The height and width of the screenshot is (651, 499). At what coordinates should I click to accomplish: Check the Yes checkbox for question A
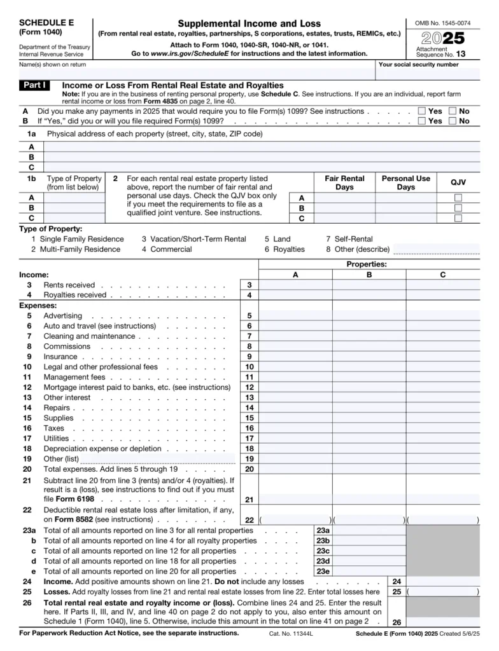[421, 111]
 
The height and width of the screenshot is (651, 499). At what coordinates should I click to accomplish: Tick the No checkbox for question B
[452, 121]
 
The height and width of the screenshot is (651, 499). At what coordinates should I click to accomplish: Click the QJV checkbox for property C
[458, 218]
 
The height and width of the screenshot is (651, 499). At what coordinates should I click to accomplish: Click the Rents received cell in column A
[295, 285]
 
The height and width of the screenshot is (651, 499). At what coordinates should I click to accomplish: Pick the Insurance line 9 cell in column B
[369, 357]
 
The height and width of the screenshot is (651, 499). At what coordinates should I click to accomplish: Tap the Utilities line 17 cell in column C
[443, 438]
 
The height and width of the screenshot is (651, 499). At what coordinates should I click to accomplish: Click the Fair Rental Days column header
[344, 183]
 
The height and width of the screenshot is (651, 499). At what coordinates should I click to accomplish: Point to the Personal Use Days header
[405, 183]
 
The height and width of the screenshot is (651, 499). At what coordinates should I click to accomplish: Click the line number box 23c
[323, 551]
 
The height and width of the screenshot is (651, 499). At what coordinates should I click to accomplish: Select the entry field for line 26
[443, 622]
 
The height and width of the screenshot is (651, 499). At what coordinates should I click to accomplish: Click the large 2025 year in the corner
[440, 39]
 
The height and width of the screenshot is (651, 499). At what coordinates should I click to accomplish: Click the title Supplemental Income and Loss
[249, 24]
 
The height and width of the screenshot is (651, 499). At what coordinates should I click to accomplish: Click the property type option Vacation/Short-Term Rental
[193, 239]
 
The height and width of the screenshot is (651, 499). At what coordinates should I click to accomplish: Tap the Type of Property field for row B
[73, 208]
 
